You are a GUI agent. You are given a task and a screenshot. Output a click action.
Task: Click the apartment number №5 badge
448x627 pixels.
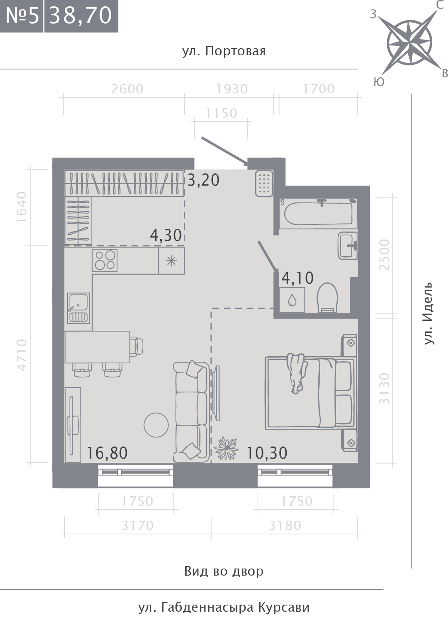pos(22,16)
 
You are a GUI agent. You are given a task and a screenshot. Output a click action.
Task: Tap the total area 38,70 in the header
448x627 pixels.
pos(81,16)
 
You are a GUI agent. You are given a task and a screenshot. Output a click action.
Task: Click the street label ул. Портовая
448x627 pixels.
pos(224,51)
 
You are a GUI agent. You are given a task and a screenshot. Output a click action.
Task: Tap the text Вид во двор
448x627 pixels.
pos(224,571)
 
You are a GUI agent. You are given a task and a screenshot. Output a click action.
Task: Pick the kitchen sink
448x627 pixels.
pos(79,308)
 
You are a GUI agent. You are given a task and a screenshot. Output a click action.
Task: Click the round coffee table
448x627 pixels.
pos(156,425)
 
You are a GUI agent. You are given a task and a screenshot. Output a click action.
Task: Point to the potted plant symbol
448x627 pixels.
pos(226,448)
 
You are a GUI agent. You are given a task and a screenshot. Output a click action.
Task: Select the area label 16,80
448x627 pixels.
pos(107,453)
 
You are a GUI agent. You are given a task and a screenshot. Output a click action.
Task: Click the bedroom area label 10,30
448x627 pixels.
pos(267,453)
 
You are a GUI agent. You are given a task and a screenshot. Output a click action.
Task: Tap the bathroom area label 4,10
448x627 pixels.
pos(298,278)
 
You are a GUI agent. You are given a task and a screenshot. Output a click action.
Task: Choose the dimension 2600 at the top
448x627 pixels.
pos(128,89)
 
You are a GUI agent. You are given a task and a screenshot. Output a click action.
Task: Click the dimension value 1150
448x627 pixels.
pos(221,113)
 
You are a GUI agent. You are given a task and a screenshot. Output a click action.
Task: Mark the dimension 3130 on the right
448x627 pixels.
pos(384,388)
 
